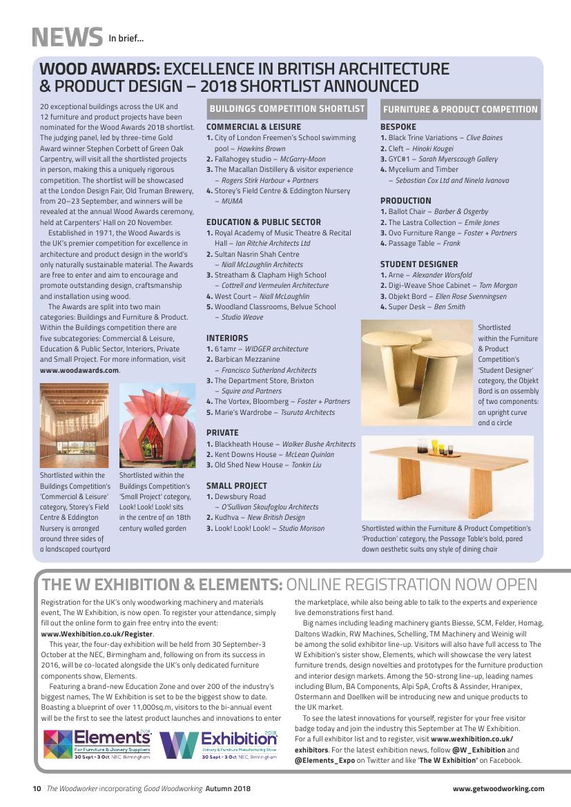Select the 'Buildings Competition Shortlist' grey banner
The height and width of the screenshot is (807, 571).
(x=287, y=109)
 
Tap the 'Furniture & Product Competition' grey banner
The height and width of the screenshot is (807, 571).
(x=460, y=109)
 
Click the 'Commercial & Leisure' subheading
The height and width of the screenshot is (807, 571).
(x=253, y=127)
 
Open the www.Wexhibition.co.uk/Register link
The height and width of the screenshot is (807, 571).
(x=97, y=634)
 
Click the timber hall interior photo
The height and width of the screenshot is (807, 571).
(x=74, y=425)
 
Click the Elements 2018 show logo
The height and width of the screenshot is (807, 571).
(x=97, y=743)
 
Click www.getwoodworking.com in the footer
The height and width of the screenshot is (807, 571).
(x=498, y=788)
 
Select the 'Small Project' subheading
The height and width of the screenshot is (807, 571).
(x=236, y=486)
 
